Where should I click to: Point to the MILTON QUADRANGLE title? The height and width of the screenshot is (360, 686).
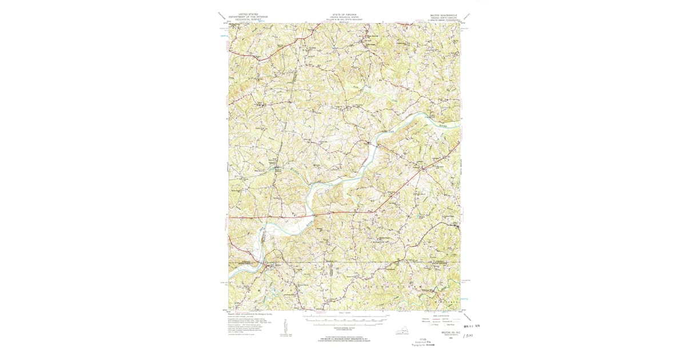tap(441, 13)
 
